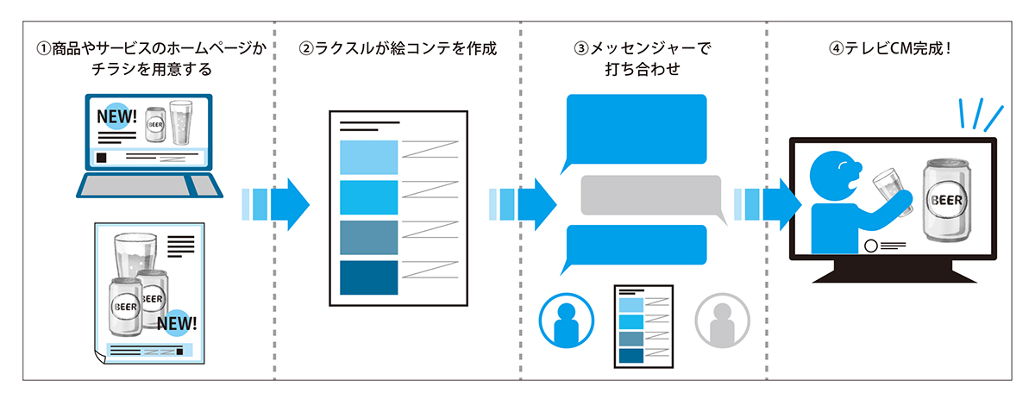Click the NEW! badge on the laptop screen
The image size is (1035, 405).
click(116, 115)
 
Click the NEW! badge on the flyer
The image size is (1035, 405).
click(179, 324)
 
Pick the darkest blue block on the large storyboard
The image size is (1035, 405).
click(369, 277)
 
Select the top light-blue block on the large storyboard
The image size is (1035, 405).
click(369, 157)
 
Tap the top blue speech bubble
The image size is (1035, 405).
click(635, 130)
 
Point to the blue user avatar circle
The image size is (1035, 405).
click(566, 319)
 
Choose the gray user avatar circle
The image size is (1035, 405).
click(723, 319)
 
